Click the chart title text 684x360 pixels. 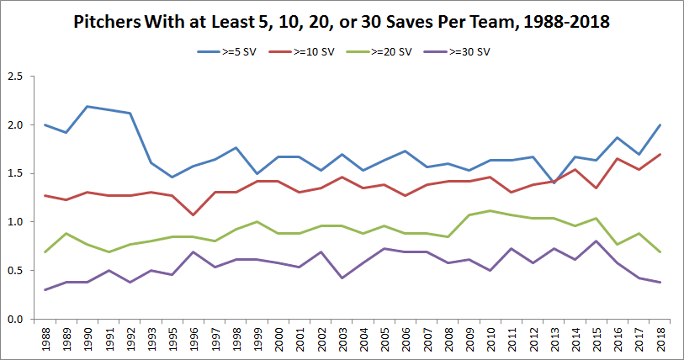(341, 24)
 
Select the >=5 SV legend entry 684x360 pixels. (222, 52)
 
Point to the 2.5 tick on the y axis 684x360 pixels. (15, 77)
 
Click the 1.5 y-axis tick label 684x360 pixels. (15, 174)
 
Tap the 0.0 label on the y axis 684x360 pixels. (15, 320)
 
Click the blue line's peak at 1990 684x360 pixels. (87, 107)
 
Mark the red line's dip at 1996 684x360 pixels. (194, 214)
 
